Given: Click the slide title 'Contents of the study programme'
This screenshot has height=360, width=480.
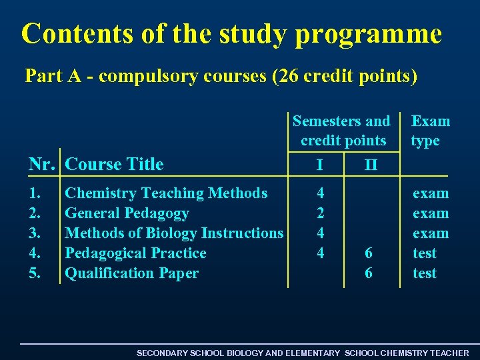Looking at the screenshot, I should [231, 33].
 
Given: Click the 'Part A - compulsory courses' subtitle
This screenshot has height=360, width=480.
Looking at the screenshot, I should [221, 76].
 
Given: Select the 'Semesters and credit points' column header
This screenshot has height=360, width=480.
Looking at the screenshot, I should [342, 131].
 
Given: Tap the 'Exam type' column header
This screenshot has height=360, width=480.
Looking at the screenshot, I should [430, 131].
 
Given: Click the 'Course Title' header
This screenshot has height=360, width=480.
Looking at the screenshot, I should [115, 164].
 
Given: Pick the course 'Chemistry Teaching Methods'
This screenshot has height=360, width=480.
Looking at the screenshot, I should [166, 193].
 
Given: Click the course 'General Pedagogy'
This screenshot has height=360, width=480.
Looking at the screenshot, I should [127, 213].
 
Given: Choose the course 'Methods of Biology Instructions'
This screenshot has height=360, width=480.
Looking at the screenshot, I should [174, 233].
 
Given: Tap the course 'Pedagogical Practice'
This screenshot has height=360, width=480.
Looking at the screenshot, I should [135, 253].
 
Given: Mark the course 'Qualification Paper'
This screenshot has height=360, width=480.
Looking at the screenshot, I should [131, 273].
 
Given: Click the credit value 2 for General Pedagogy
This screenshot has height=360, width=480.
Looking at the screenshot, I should [321, 213].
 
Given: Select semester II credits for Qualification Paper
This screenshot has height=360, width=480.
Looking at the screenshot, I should [369, 273].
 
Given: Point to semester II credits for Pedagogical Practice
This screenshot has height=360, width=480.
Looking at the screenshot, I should [369, 253].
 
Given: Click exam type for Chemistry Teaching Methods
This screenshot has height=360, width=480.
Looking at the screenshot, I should [431, 193].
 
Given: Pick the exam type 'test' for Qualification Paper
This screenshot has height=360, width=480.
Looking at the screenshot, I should [425, 273].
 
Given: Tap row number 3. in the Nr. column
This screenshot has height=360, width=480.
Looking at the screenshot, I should [35, 233].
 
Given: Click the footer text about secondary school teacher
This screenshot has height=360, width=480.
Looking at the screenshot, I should [303, 353].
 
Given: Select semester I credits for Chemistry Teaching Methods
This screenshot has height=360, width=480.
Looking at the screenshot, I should [321, 193].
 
